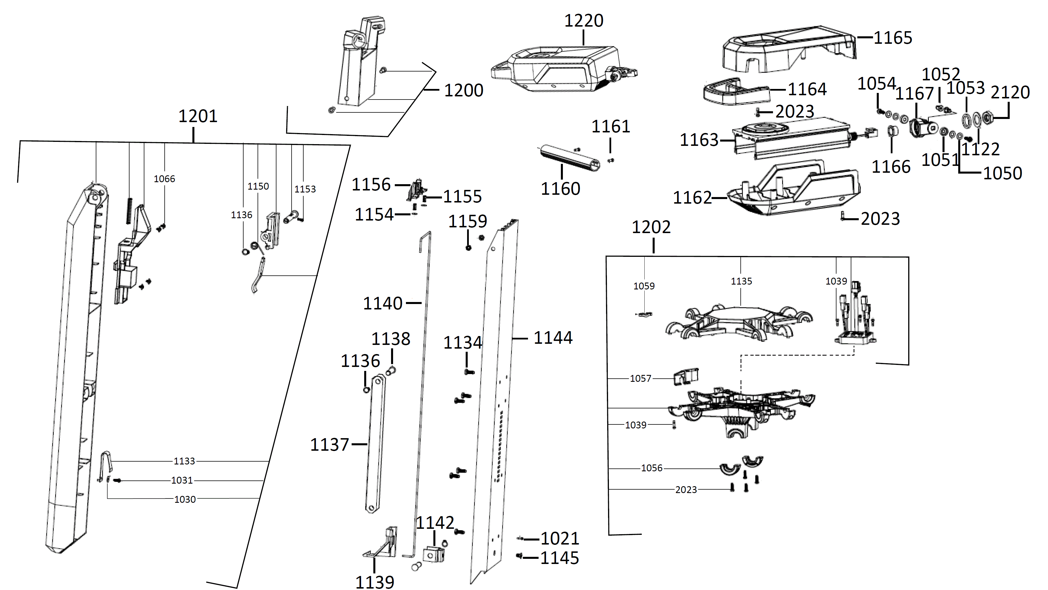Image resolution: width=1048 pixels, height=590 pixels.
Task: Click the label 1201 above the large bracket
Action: [x=198, y=116]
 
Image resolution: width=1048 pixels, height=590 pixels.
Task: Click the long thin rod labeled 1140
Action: [x=423, y=366]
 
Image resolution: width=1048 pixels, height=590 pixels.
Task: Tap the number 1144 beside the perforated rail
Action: [x=553, y=338]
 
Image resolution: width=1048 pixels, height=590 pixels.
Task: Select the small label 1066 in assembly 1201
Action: [x=164, y=179]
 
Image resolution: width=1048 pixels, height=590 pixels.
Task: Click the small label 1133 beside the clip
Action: [x=184, y=461]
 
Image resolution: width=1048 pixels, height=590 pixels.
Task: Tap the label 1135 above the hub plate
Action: [x=741, y=281]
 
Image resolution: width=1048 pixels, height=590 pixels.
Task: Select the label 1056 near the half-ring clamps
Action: [x=652, y=468]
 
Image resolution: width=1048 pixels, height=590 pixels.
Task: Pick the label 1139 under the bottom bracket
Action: [x=375, y=582]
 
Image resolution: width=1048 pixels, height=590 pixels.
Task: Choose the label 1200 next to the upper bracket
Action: [x=463, y=90]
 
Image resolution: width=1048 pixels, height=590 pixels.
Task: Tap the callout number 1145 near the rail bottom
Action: [x=559, y=558]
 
